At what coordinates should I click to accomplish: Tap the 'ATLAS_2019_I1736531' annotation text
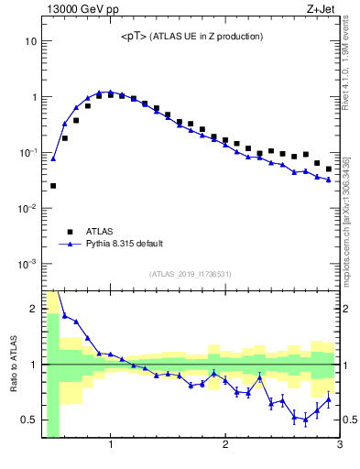(191, 274)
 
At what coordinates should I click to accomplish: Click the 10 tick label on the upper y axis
(30, 41)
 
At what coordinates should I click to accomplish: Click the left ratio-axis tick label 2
(33, 309)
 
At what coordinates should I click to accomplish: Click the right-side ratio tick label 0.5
(351, 420)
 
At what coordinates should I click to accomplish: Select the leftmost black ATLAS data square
(53, 186)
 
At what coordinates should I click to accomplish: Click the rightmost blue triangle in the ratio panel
(329, 399)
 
